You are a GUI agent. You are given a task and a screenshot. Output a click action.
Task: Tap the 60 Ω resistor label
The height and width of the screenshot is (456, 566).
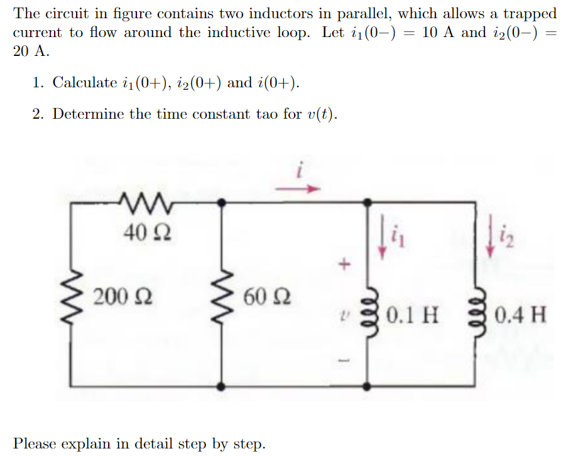point(263,295)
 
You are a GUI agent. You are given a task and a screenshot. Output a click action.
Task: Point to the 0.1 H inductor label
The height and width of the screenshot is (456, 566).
point(412,313)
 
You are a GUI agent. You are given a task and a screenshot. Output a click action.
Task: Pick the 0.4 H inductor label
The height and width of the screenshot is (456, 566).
point(520,313)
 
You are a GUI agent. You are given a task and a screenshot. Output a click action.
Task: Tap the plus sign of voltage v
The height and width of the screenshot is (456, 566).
point(344,265)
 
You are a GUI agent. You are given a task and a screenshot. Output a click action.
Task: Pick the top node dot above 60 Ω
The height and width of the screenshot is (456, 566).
point(220,202)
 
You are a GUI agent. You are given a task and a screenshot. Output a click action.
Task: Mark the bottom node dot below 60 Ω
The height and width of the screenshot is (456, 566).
point(220,385)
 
